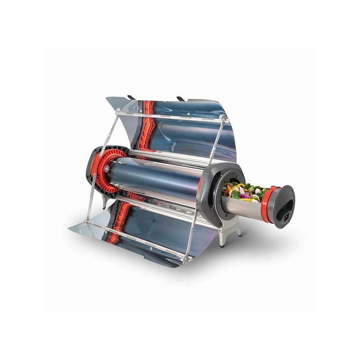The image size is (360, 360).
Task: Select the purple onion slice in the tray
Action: coord(243,196)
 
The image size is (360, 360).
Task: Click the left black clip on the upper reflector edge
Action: coord(131,97)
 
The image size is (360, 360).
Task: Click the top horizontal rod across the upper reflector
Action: coord(171,116)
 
